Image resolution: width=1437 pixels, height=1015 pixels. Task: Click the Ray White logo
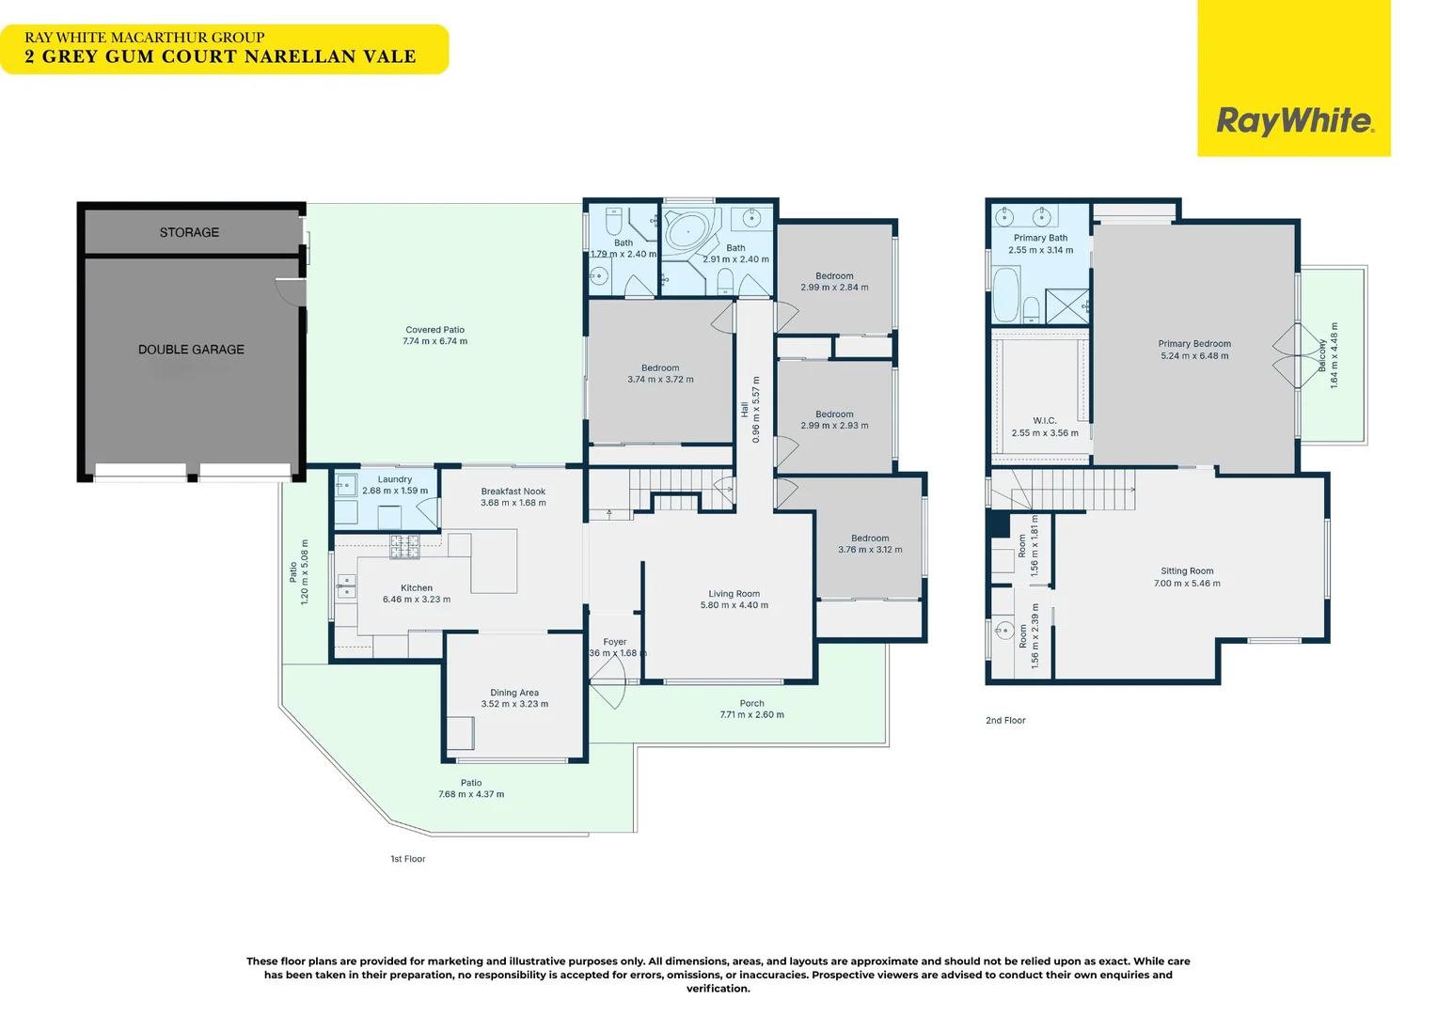(1294, 120)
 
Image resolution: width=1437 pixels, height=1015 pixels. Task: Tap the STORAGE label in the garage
(189, 232)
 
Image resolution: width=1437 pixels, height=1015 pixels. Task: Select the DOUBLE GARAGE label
(191, 350)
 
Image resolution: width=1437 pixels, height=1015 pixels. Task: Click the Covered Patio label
(434, 330)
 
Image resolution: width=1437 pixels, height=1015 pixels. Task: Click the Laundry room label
(395, 479)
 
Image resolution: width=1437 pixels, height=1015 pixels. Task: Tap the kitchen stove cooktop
(405, 546)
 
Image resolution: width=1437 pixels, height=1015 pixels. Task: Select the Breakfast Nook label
(513, 492)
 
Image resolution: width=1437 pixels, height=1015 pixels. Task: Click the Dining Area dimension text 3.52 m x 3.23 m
(514, 704)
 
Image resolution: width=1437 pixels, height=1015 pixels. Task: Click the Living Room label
(734, 594)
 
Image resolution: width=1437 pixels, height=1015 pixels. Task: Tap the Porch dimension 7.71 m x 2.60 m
(751, 715)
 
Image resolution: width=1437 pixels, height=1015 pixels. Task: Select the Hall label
(745, 410)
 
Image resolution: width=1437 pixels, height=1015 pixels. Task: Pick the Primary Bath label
(1040, 238)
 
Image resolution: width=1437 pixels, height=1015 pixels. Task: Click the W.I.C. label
(1044, 421)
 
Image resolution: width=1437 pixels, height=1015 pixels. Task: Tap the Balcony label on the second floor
(1322, 355)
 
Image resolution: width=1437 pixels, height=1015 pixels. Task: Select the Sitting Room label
(1187, 571)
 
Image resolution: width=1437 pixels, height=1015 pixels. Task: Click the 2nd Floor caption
(1005, 721)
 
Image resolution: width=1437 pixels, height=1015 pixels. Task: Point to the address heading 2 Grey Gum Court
(220, 56)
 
